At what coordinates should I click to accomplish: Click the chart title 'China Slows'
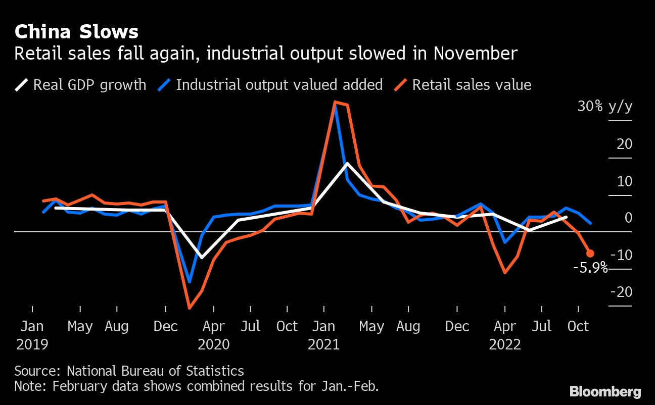click(76, 32)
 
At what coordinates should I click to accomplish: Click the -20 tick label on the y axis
click(621, 292)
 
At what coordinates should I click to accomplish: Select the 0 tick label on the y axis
click(628, 218)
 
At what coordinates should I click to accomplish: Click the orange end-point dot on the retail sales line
click(590, 254)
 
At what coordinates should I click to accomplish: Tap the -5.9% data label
click(590, 268)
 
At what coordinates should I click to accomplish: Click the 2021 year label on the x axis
click(323, 344)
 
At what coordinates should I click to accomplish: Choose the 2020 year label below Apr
click(214, 344)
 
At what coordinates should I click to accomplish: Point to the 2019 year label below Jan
click(32, 344)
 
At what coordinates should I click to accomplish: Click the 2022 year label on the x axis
click(505, 344)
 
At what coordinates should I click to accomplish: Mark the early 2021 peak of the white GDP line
click(347, 163)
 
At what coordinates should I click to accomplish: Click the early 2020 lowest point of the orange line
click(190, 308)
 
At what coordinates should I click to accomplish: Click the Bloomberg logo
click(605, 391)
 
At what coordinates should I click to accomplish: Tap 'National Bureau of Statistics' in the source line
click(155, 371)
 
